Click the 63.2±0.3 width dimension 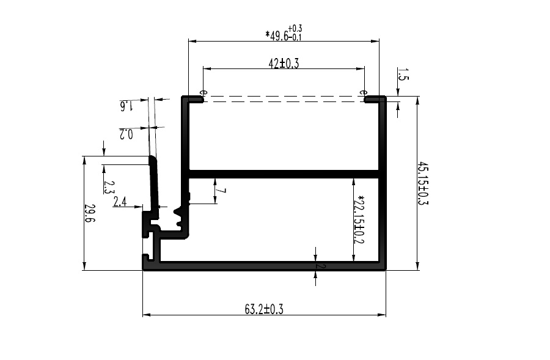coord(264,309)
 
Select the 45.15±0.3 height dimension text coord(423,183)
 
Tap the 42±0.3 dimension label coord(284,64)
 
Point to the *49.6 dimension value coord(277,35)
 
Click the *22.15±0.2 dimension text coord(360,219)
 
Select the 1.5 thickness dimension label coord(403,74)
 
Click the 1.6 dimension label coord(127,106)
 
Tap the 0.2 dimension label coord(127,134)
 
